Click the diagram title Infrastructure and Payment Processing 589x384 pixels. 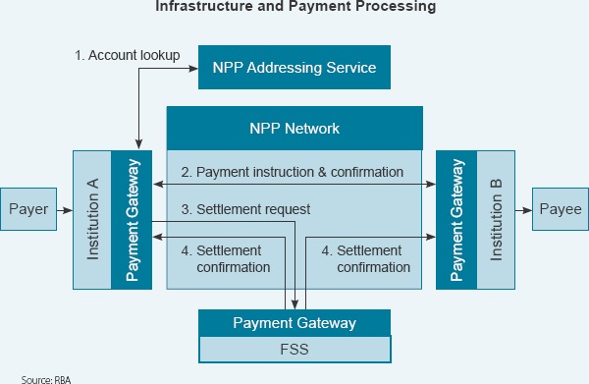[294, 7]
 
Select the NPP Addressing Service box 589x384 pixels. [294, 68]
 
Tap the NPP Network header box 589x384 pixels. [294, 128]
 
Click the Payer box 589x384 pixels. [27, 209]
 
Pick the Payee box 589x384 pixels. [560, 209]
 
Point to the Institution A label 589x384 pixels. [93, 220]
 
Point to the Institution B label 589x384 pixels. [496, 220]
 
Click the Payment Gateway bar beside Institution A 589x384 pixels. [133, 220]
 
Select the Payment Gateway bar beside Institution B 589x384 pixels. [456, 220]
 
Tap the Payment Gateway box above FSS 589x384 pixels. [294, 322]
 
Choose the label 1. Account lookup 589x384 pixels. [127, 55]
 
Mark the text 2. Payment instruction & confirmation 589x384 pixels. [299, 172]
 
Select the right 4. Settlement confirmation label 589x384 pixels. [365, 258]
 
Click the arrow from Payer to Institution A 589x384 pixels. [64, 209]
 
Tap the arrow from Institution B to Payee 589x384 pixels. [524, 209]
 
